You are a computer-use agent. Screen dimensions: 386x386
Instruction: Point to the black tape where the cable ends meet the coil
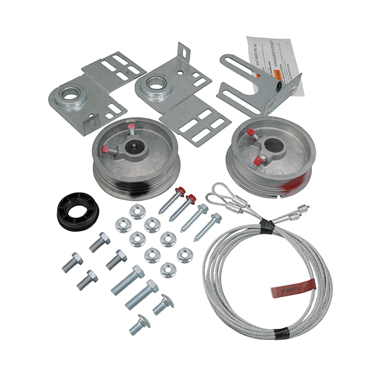click(264, 223)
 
